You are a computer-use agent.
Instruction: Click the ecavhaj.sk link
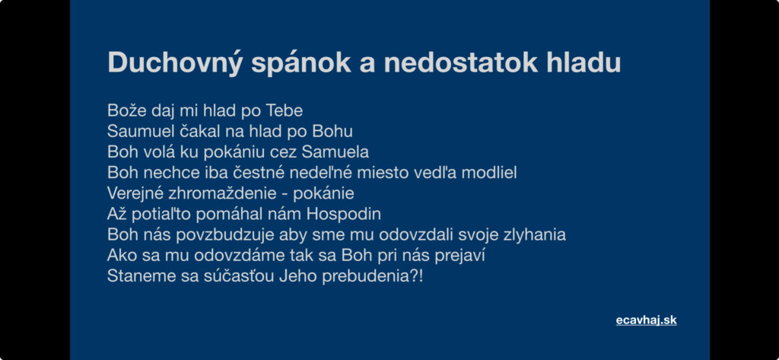[647, 320]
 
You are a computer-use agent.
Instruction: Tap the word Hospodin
[344, 215]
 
